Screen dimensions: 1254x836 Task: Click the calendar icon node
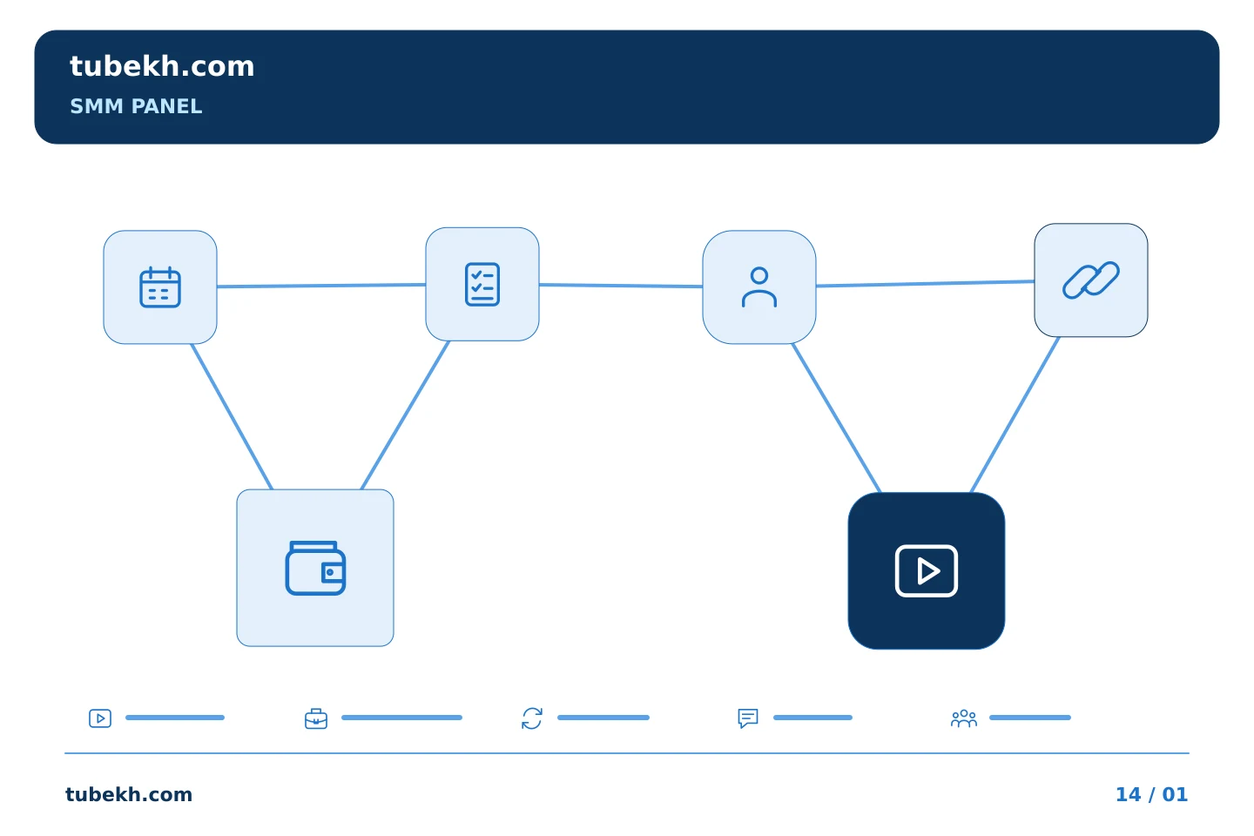click(160, 287)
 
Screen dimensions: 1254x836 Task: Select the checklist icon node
click(482, 284)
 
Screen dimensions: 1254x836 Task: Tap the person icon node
click(759, 287)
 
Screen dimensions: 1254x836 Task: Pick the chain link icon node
click(1091, 280)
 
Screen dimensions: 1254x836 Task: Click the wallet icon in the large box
click(315, 568)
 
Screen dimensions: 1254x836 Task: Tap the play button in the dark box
click(927, 571)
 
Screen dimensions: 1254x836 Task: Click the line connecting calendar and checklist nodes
click(321, 286)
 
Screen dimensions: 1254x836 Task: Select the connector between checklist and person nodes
click(621, 286)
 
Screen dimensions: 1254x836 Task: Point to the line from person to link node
click(926, 283)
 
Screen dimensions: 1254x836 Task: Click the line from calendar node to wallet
click(232, 416)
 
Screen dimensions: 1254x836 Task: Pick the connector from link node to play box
click(1015, 415)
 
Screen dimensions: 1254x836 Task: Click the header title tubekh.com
click(162, 66)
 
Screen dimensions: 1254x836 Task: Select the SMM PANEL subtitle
click(136, 106)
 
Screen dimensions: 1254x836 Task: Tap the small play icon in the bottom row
click(100, 718)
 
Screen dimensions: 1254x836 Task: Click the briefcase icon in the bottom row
click(316, 719)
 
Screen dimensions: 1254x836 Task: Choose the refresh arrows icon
click(532, 718)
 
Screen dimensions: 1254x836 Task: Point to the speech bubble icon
click(748, 718)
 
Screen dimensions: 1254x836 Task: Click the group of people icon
click(963, 718)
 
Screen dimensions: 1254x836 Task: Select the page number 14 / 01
click(1151, 794)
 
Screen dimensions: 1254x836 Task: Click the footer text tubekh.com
click(129, 794)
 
